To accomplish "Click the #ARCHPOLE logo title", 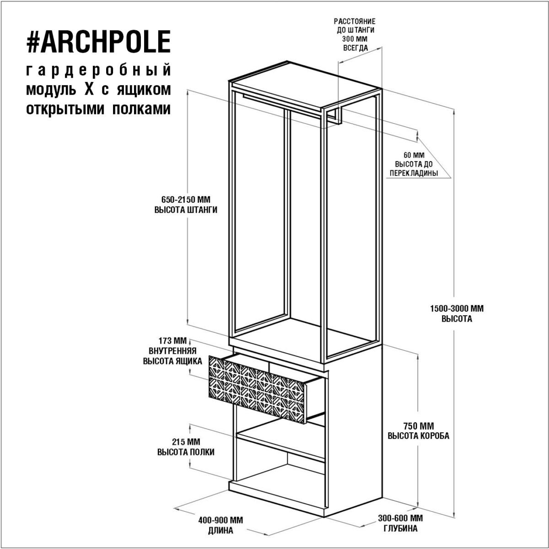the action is click(98, 42).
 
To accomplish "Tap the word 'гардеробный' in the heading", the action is click(98, 70).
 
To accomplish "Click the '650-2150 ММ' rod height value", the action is click(186, 199).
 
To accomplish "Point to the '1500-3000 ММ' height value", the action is click(457, 308).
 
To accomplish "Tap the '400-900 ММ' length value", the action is click(221, 520).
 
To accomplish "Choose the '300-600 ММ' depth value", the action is click(400, 518).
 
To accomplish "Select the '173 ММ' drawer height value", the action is click(172, 341).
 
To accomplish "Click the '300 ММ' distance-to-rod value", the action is click(355, 39).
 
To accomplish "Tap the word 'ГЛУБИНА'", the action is click(400, 528).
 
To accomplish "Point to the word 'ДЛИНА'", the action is click(221, 531).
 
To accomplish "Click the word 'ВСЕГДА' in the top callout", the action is click(355, 48).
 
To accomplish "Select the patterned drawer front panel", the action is click(258, 390).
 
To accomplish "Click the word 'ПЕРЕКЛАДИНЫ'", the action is click(414, 173).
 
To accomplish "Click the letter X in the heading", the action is click(89, 90).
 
